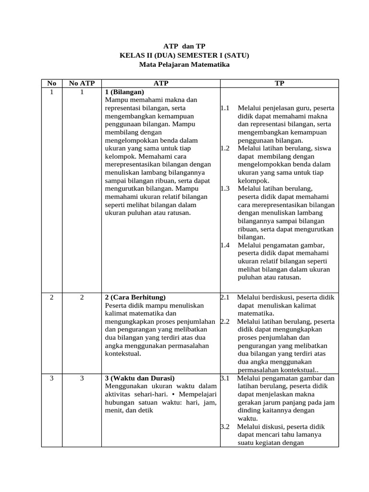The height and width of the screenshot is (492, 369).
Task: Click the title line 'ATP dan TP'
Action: [184, 46]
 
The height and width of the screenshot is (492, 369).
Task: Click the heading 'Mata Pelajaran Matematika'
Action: [184, 64]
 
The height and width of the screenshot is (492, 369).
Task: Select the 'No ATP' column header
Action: [82, 83]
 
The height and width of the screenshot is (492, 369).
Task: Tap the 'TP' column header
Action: [279, 83]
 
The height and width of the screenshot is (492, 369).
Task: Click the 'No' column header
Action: [52, 83]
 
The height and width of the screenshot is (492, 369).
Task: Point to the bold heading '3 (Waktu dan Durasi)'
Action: [139, 378]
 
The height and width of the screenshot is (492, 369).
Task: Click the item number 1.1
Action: [225, 108]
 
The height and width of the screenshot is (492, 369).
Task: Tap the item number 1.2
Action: [225, 148]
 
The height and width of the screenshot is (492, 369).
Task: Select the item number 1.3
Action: [225, 189]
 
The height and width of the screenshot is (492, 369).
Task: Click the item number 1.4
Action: [225, 245]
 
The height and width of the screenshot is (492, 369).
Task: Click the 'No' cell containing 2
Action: [52, 297]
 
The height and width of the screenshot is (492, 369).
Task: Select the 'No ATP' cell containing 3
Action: [82, 378]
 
